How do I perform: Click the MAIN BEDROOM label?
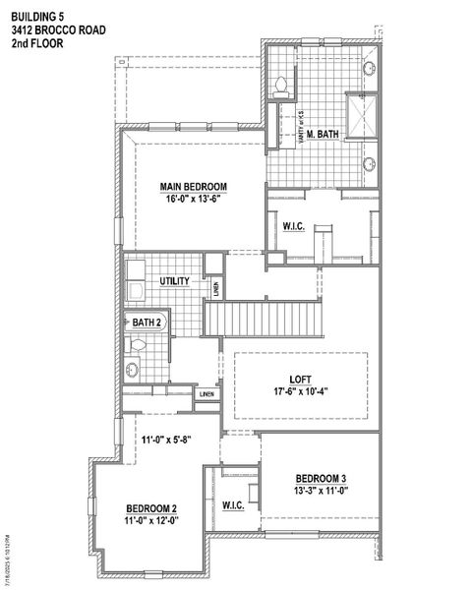pyautogui.click(x=194, y=186)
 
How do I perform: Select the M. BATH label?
pyautogui.click(x=322, y=135)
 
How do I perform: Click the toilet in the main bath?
pyautogui.click(x=281, y=85)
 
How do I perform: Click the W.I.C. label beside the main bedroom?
pyautogui.click(x=294, y=227)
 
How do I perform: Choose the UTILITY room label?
pyautogui.click(x=174, y=281)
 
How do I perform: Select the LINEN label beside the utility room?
pyautogui.click(x=215, y=288)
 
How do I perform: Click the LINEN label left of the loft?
pyautogui.click(x=206, y=394)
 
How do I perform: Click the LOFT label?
pyautogui.click(x=300, y=377)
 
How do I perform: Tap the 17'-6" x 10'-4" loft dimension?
pyautogui.click(x=300, y=390)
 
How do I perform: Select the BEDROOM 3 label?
pyautogui.click(x=321, y=479)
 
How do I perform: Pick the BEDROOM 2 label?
pyautogui.click(x=151, y=508)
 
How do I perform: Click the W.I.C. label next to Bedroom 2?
pyautogui.click(x=233, y=505)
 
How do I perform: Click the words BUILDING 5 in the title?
pyautogui.click(x=37, y=15)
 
